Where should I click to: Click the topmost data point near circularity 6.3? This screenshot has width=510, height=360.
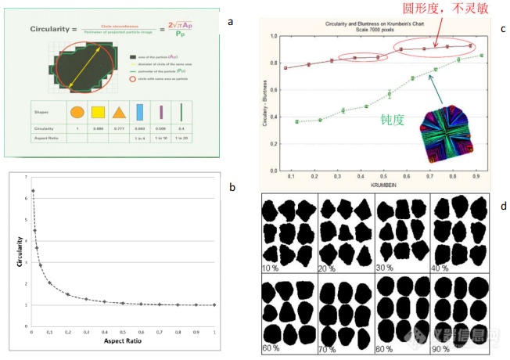(x=33, y=190)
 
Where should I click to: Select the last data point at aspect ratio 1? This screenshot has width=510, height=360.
(x=214, y=304)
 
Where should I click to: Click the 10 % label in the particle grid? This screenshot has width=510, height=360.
(x=270, y=268)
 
